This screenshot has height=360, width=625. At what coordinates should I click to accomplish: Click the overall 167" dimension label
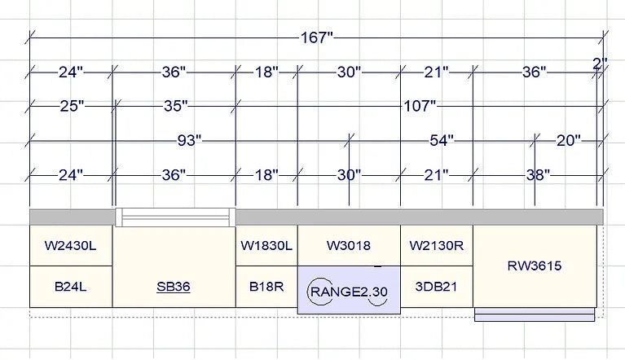pos(316,37)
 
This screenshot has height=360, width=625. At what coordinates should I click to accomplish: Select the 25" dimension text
pos(72,106)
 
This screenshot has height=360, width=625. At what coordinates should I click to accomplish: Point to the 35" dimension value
pos(174,106)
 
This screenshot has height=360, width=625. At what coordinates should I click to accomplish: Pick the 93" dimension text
pos(189,141)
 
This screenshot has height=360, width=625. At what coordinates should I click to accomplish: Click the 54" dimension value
pos(442,141)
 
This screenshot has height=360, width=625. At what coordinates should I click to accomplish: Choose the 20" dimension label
pos(569,141)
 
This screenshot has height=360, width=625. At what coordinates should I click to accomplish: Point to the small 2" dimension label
pos(600,64)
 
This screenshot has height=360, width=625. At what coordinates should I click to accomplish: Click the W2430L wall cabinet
pos(70,245)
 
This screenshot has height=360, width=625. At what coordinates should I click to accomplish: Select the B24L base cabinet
pos(70,287)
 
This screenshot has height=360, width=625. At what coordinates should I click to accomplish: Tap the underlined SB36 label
pos(174,288)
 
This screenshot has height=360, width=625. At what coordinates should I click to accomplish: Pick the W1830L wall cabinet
pos(266,245)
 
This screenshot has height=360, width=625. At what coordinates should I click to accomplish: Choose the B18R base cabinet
pos(266,287)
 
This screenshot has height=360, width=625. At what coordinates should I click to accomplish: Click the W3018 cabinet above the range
pos(349,245)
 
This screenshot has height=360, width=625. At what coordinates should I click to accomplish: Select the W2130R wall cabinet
pos(437,245)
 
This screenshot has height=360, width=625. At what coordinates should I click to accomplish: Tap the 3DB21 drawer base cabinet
pos(437,287)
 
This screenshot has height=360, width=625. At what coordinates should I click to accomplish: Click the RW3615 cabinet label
pos(535,266)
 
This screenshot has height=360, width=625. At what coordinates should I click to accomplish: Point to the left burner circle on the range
pos(319,291)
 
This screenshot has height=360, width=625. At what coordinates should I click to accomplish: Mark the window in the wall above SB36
pos(174,217)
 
